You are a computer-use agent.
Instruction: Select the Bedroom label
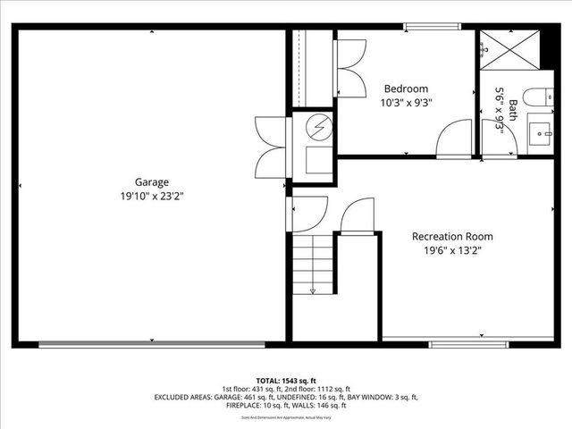(x=406, y=88)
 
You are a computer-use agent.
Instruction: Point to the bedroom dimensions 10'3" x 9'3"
(x=406, y=103)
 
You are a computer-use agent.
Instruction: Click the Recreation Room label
(x=452, y=237)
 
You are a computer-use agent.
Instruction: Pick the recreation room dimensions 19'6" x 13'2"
(x=452, y=251)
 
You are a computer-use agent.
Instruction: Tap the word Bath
(x=514, y=109)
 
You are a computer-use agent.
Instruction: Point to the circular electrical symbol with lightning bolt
(x=316, y=126)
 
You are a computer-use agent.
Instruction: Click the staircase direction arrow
(x=313, y=289)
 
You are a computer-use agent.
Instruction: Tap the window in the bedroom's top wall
(x=425, y=26)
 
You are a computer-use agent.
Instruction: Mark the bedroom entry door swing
(x=455, y=139)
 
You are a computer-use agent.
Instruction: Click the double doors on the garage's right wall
(x=269, y=146)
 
